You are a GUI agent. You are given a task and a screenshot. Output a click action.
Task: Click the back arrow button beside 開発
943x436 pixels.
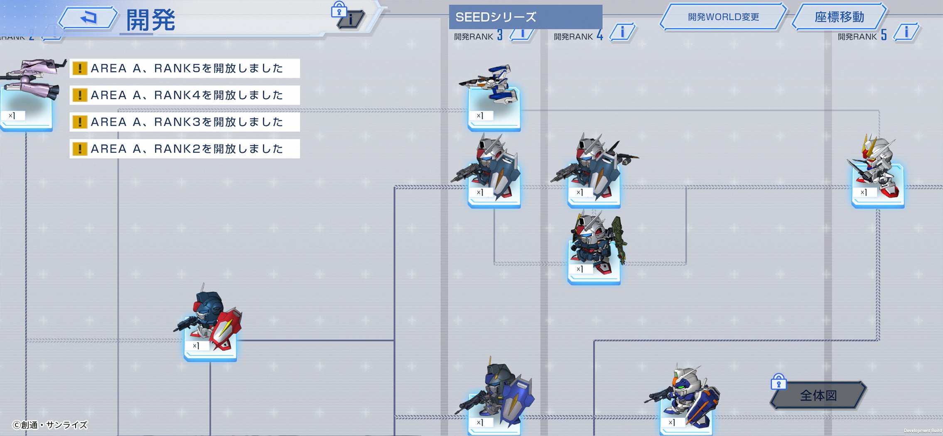tap(88, 18)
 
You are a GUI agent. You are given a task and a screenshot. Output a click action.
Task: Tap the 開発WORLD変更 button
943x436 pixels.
tap(723, 17)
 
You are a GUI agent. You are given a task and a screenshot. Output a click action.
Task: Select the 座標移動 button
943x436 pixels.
tap(839, 17)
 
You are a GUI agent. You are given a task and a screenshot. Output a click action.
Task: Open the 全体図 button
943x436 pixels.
tap(818, 395)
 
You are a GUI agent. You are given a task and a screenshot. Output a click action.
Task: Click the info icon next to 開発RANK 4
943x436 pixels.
tap(622, 32)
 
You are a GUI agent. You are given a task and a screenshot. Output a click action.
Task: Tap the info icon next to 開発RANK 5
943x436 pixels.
tap(906, 32)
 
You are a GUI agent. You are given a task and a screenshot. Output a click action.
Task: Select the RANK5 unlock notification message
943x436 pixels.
tap(185, 68)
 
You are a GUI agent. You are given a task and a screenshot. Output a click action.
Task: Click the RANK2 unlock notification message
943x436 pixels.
tap(185, 149)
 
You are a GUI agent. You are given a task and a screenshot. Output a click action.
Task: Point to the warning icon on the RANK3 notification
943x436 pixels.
tap(80, 122)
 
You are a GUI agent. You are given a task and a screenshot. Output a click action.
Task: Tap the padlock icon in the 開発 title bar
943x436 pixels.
tap(339, 9)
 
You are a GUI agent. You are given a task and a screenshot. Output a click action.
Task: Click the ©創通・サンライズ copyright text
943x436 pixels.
tap(50, 425)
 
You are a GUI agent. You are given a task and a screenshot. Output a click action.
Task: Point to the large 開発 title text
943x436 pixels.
tap(150, 20)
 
